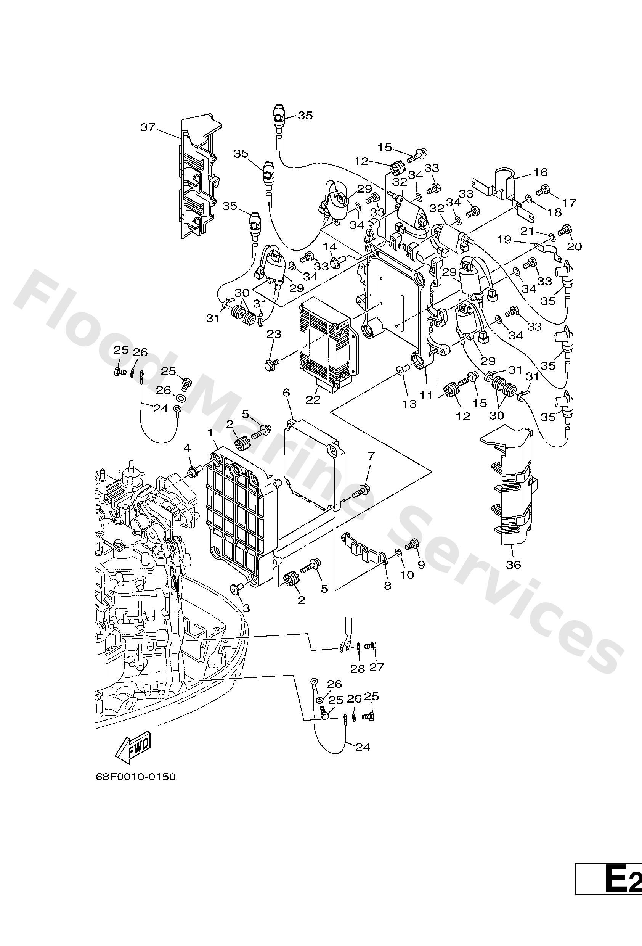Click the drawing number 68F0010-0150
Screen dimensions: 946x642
click(x=135, y=777)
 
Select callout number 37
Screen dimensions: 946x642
click(x=148, y=127)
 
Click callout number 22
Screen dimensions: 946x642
click(x=313, y=399)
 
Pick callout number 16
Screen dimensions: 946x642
click(x=541, y=172)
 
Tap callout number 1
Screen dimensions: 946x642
click(x=211, y=433)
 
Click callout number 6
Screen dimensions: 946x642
click(x=286, y=393)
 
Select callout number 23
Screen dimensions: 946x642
click(x=274, y=334)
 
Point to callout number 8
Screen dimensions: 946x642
click(x=388, y=586)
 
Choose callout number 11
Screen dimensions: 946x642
click(x=425, y=394)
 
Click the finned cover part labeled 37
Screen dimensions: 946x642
click(x=199, y=179)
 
